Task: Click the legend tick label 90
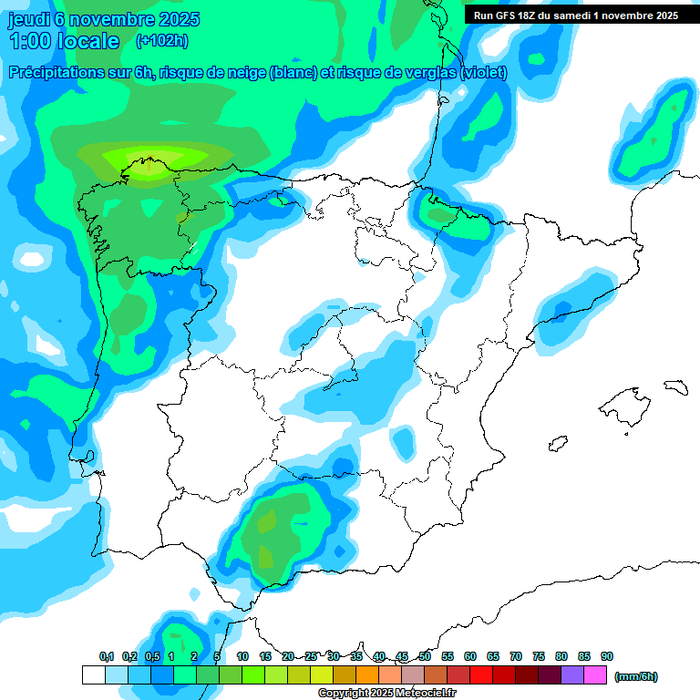607,656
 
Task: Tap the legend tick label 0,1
107,656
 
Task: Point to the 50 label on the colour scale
425,656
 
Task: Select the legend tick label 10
242,656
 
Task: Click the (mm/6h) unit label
636,675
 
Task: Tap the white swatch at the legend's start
93,675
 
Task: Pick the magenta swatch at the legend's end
596,675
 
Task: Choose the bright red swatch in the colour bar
481,675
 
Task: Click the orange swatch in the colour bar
367,675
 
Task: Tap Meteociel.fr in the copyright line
427,694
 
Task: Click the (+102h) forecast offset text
161,41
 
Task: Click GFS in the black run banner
504,15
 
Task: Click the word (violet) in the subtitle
483,73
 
